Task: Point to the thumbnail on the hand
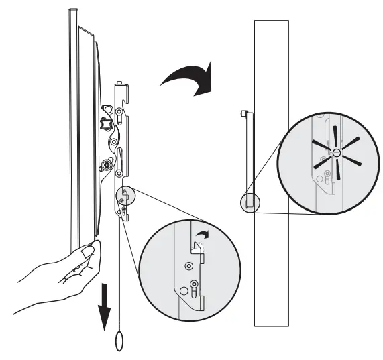point(86,251)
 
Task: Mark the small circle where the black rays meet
point(336,154)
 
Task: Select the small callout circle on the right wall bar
point(250,202)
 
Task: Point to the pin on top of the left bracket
point(119,85)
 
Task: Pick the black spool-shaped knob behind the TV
point(104,123)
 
